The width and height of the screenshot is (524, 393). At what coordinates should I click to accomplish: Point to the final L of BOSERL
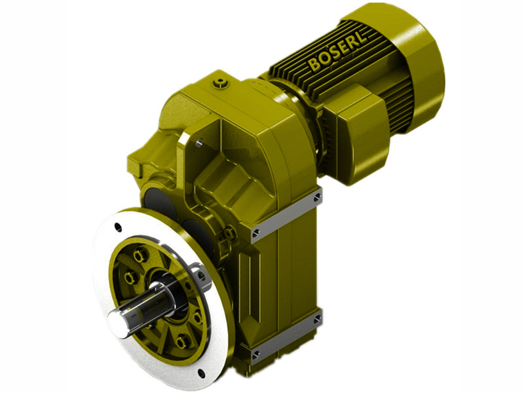(x=365, y=39)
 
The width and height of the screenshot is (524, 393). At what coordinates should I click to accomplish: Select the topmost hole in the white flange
(x=118, y=227)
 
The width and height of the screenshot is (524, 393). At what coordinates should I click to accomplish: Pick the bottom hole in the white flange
(x=200, y=375)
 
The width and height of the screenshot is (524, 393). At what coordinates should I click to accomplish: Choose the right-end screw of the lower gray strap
(x=317, y=319)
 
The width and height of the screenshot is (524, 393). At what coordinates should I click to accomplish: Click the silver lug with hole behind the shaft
(x=200, y=276)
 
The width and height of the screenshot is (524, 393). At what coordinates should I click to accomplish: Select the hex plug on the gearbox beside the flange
(x=230, y=232)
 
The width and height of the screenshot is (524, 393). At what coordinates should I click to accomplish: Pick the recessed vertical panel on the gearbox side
(x=269, y=288)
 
